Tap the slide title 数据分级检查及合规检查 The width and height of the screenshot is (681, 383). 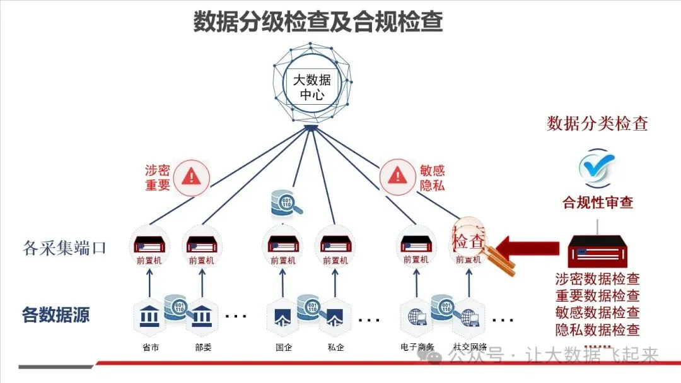coord(318,21)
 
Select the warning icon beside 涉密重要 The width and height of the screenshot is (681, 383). coord(191,176)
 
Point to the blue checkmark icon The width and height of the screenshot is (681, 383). coord(597,166)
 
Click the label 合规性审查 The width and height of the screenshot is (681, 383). coord(598,203)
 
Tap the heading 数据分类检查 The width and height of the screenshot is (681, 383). coord(597,123)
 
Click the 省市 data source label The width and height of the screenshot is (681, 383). coord(150,346)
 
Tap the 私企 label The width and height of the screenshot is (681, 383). coord(336,346)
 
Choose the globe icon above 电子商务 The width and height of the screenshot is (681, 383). coord(417,315)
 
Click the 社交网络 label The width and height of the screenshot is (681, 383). coord(470,346)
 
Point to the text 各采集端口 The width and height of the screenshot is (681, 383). coord(65,248)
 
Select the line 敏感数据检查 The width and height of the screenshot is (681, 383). coord(597,312)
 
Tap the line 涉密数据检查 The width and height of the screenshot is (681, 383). coord(597,278)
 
